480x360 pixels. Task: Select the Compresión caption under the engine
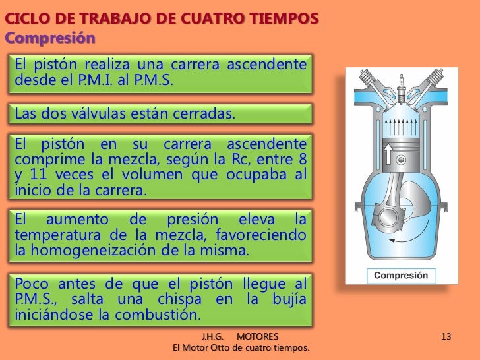tap(401, 276)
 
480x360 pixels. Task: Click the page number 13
tap(446, 338)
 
